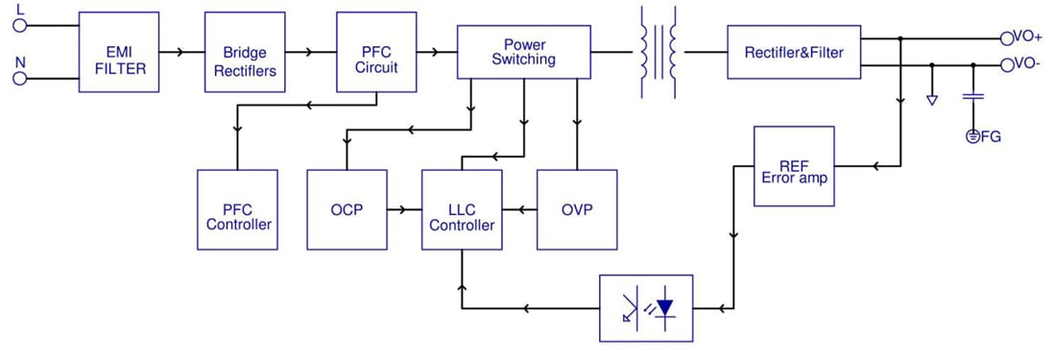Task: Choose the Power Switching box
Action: click(523, 52)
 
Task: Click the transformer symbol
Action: click(659, 52)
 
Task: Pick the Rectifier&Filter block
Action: click(794, 52)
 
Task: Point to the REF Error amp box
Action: click(794, 166)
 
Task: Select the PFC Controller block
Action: click(237, 210)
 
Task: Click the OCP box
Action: click(347, 210)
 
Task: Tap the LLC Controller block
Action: click(462, 210)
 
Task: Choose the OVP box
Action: click(576, 210)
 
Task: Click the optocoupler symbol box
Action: click(646, 308)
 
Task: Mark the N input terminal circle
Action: click(20, 78)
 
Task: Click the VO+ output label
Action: click(1027, 37)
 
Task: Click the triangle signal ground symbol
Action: click(931, 99)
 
